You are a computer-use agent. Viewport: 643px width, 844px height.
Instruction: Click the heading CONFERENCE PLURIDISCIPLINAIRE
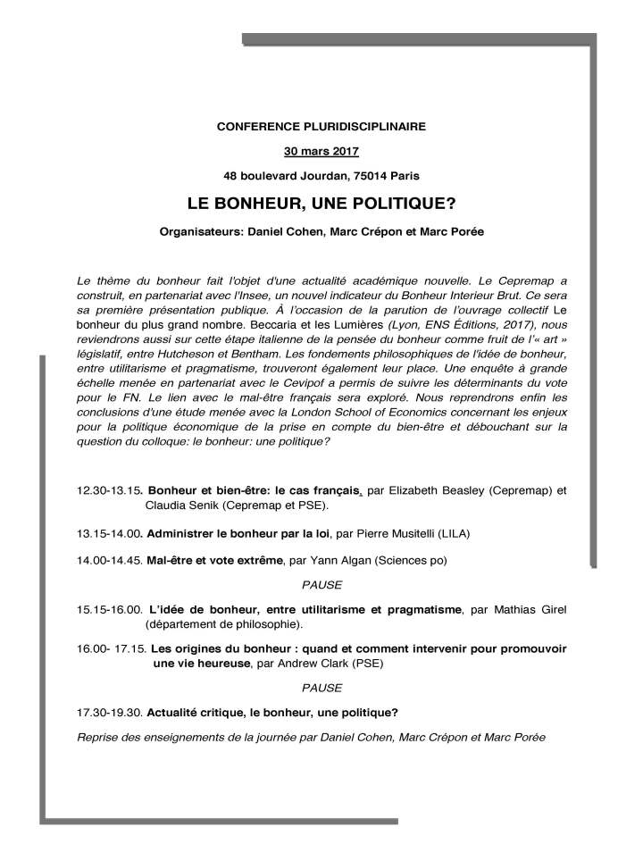pyautogui.click(x=321, y=127)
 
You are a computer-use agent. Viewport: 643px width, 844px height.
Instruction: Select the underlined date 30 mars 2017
pyautogui.click(x=321, y=149)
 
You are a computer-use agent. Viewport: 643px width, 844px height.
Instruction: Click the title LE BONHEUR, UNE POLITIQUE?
pyautogui.click(x=321, y=204)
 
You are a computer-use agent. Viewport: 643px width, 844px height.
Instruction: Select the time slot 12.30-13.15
pyautogui.click(x=110, y=491)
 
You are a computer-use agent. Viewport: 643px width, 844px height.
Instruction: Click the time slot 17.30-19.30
pyautogui.click(x=110, y=712)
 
